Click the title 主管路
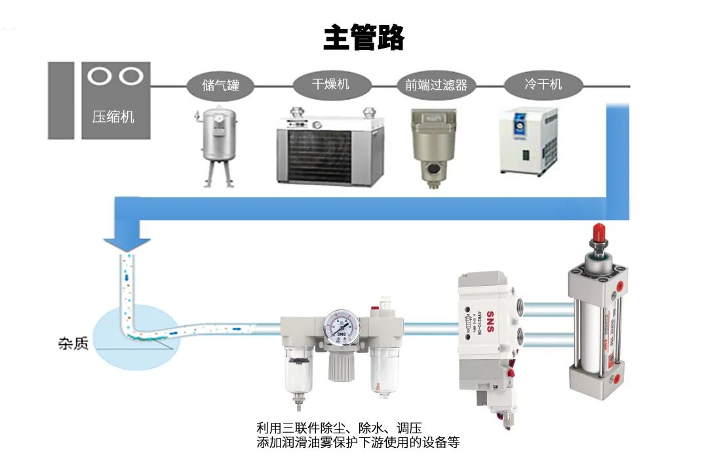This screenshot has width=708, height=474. pyautogui.click(x=364, y=38)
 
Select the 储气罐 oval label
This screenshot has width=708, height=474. pyautogui.click(x=221, y=85)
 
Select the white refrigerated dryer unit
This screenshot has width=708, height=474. pyautogui.click(x=528, y=141)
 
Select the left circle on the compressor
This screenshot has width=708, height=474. pyautogui.click(x=100, y=76)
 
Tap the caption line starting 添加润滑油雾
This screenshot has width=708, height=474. pyautogui.click(x=358, y=443)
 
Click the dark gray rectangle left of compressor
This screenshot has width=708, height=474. pyautogui.click(x=61, y=100)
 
